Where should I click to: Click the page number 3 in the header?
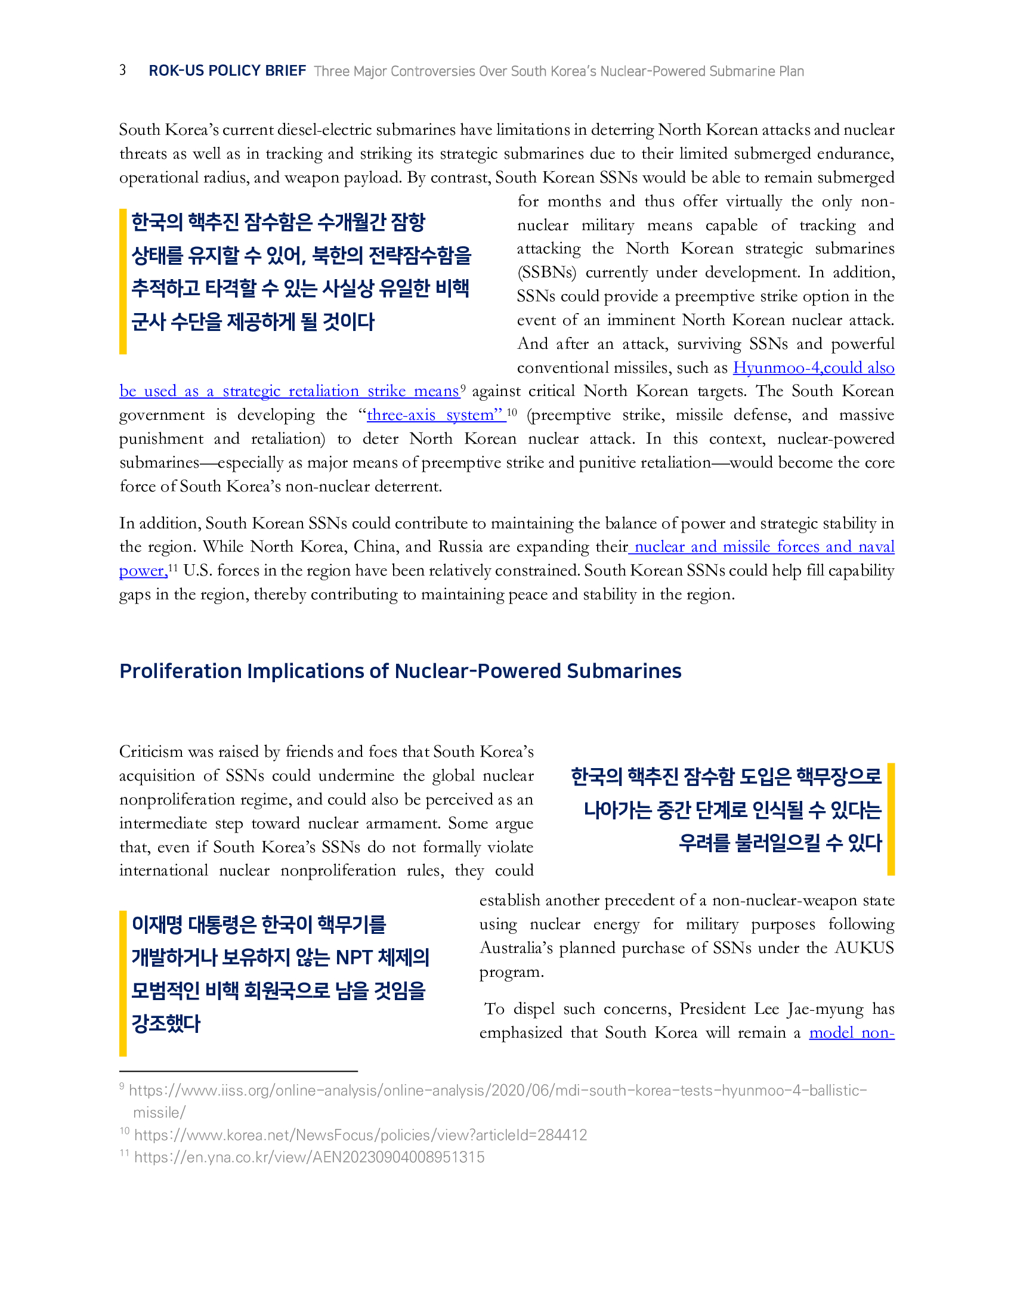(x=122, y=70)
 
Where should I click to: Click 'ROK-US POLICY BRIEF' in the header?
(x=227, y=71)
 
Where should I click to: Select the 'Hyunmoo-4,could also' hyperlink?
(x=814, y=367)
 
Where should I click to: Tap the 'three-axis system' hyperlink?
(x=435, y=415)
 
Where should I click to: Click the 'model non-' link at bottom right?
(x=851, y=1033)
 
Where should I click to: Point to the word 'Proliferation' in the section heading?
(x=180, y=671)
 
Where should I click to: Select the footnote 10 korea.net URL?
(x=360, y=1135)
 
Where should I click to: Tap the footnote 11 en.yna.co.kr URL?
(x=309, y=1157)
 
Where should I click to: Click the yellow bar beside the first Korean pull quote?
(x=123, y=281)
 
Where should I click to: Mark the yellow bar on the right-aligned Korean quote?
(x=891, y=819)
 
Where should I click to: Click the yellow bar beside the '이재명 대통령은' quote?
(x=123, y=983)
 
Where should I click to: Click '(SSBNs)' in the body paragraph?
(x=546, y=273)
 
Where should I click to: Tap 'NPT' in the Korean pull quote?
(x=354, y=958)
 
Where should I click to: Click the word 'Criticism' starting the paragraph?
(x=151, y=752)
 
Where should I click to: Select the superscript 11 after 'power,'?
(x=173, y=567)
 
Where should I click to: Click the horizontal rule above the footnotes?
(x=239, y=1071)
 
